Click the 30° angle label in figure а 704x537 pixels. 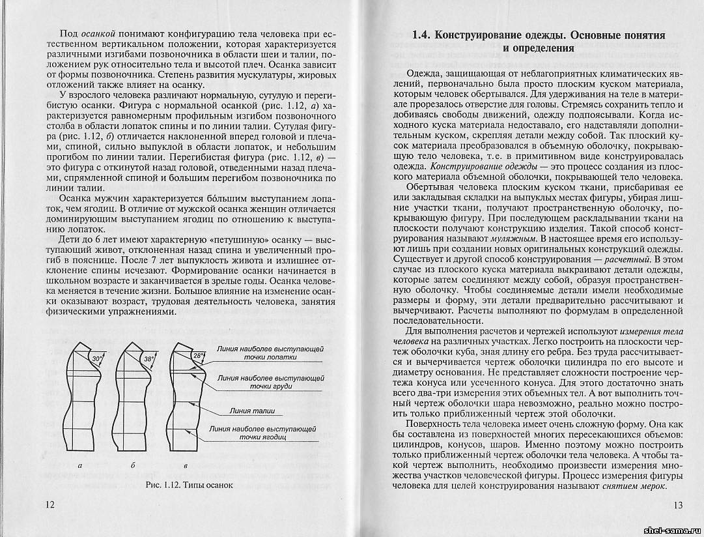(97, 359)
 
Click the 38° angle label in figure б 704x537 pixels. (148, 359)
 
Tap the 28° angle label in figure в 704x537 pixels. (199, 356)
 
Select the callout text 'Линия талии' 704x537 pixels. (253, 411)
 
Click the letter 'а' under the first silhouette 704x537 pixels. (80, 466)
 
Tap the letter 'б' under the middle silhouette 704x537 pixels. (132, 466)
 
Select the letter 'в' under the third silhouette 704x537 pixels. (186, 466)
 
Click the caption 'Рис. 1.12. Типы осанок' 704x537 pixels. (190, 486)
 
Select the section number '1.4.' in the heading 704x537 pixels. (423, 35)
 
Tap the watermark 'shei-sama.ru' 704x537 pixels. (670, 529)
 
